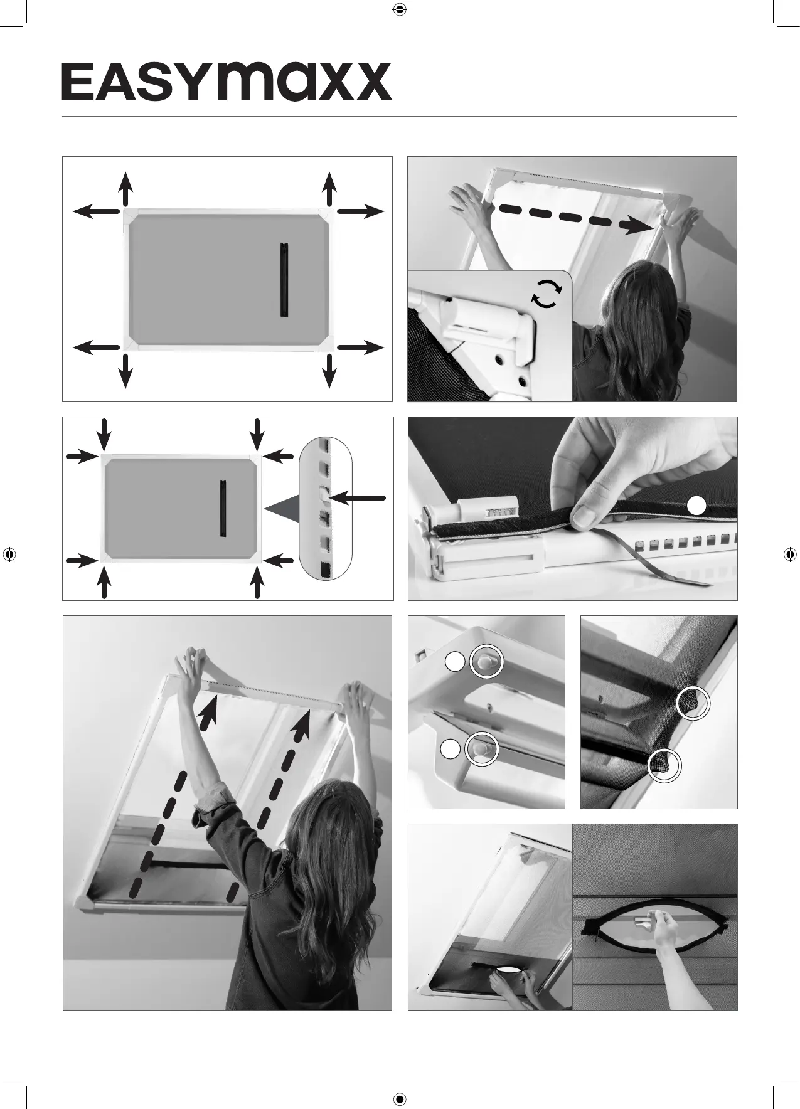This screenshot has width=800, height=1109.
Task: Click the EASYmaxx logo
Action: (227, 82)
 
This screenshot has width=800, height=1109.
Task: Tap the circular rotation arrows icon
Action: (545, 294)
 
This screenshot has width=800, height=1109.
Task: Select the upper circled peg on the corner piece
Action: (486, 661)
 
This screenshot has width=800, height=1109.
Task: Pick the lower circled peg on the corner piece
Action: (481, 748)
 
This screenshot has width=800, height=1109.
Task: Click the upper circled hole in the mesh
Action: (693, 703)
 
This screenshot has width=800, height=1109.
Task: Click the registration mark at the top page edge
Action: (399, 9)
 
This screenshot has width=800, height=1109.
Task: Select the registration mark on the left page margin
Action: (9, 554)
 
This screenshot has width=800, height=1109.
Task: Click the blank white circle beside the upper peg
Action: (455, 661)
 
